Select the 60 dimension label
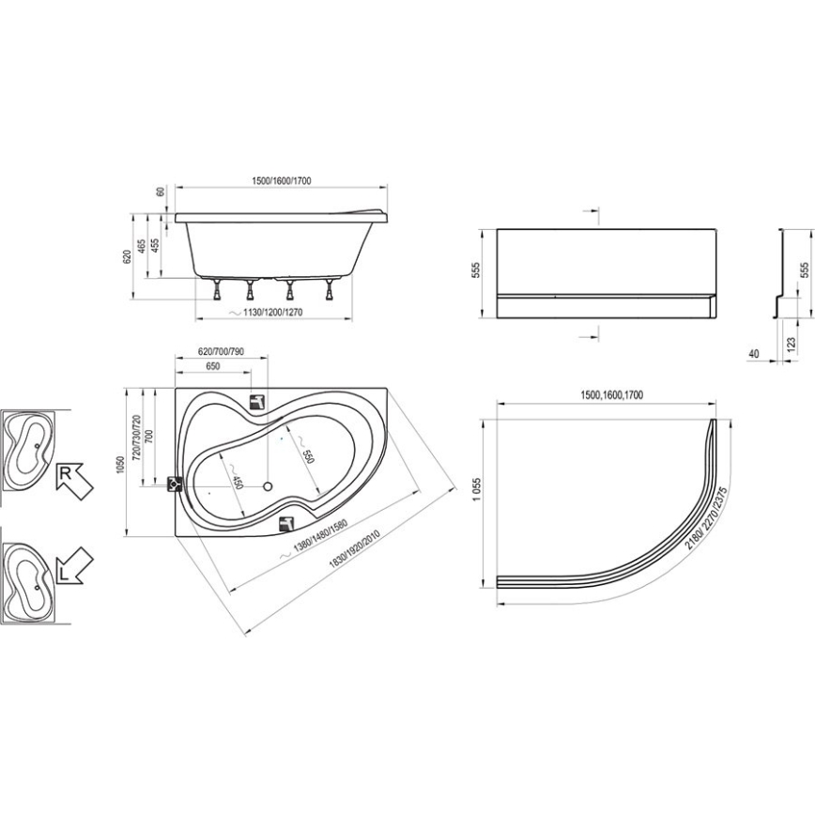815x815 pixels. click(x=161, y=192)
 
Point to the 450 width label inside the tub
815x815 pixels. click(x=238, y=484)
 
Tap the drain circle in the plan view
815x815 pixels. click(x=267, y=487)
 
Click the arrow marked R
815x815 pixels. click(x=74, y=479)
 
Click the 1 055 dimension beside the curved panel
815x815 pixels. click(x=478, y=497)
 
